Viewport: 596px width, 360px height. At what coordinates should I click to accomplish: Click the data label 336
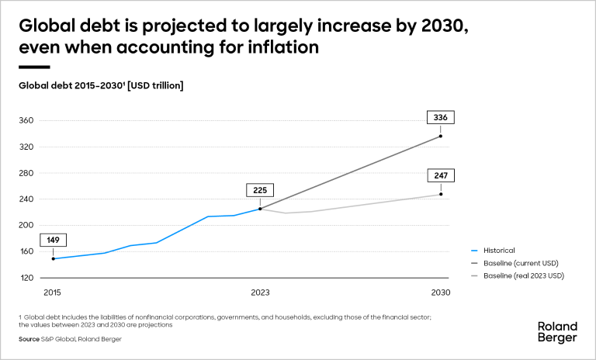coord(440,118)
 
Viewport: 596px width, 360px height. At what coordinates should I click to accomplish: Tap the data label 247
coord(440,175)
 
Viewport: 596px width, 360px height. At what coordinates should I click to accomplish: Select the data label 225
coord(260,190)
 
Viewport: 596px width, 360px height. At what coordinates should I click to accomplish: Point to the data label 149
coord(53,241)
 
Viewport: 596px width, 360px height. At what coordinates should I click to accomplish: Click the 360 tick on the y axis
coord(27,121)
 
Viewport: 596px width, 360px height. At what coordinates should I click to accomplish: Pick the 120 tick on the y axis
coord(27,278)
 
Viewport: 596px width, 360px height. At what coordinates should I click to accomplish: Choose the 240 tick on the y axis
coord(27,199)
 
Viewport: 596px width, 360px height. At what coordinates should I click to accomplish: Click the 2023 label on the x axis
coord(260,292)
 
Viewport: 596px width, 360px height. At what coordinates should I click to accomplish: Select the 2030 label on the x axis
coord(440,292)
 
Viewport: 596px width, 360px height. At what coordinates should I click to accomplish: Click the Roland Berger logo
coord(556,331)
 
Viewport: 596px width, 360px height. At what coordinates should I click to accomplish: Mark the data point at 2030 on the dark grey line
coord(440,137)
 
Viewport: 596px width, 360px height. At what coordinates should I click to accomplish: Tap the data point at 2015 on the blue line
coord(53,258)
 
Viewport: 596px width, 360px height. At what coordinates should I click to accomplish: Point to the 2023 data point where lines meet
coord(260,209)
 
